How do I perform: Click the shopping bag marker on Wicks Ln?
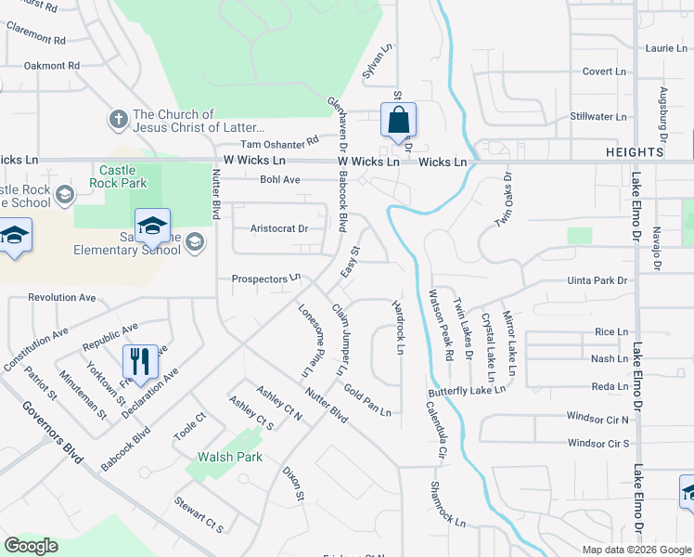398,121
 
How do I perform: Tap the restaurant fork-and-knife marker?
140,361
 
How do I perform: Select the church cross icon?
118,120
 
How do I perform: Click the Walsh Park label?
230,457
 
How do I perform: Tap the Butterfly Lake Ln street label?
467,391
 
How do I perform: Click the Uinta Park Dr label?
598,280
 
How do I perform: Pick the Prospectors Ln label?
266,278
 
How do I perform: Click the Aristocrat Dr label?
279,228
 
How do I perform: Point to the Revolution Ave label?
62,298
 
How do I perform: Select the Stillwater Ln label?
598,117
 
